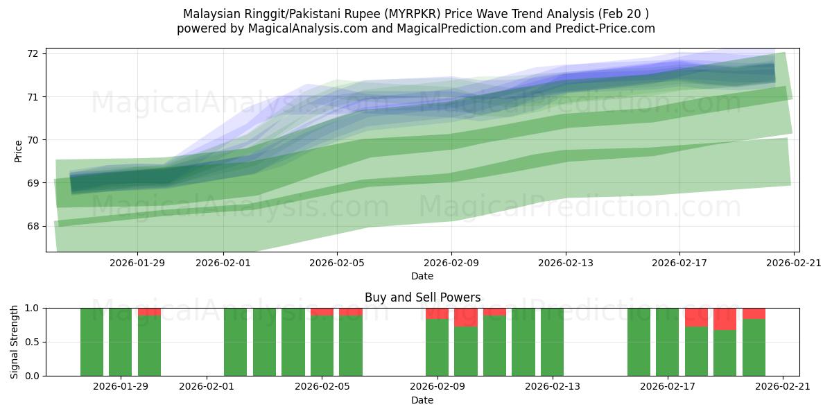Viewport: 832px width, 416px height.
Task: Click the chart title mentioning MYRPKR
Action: pyautogui.click(x=416, y=14)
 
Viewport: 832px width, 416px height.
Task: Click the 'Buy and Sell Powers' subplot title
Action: pyautogui.click(x=422, y=297)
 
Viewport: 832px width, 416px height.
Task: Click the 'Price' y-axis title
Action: pyautogui.click(x=18, y=151)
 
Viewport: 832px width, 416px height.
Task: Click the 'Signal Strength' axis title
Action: pyautogui.click(x=15, y=342)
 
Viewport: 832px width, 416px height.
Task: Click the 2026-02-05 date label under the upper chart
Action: pyautogui.click(x=337, y=263)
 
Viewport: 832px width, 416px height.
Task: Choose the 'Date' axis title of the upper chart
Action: pyautogui.click(x=422, y=276)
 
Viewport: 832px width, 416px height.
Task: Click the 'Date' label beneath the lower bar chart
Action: pyautogui.click(x=422, y=400)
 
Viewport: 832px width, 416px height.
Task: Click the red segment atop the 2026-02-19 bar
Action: pyautogui.click(x=725, y=319)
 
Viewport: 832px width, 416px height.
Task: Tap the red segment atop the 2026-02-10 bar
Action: pyautogui.click(x=466, y=318)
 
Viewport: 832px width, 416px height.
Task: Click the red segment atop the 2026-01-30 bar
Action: pyautogui.click(x=150, y=312)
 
